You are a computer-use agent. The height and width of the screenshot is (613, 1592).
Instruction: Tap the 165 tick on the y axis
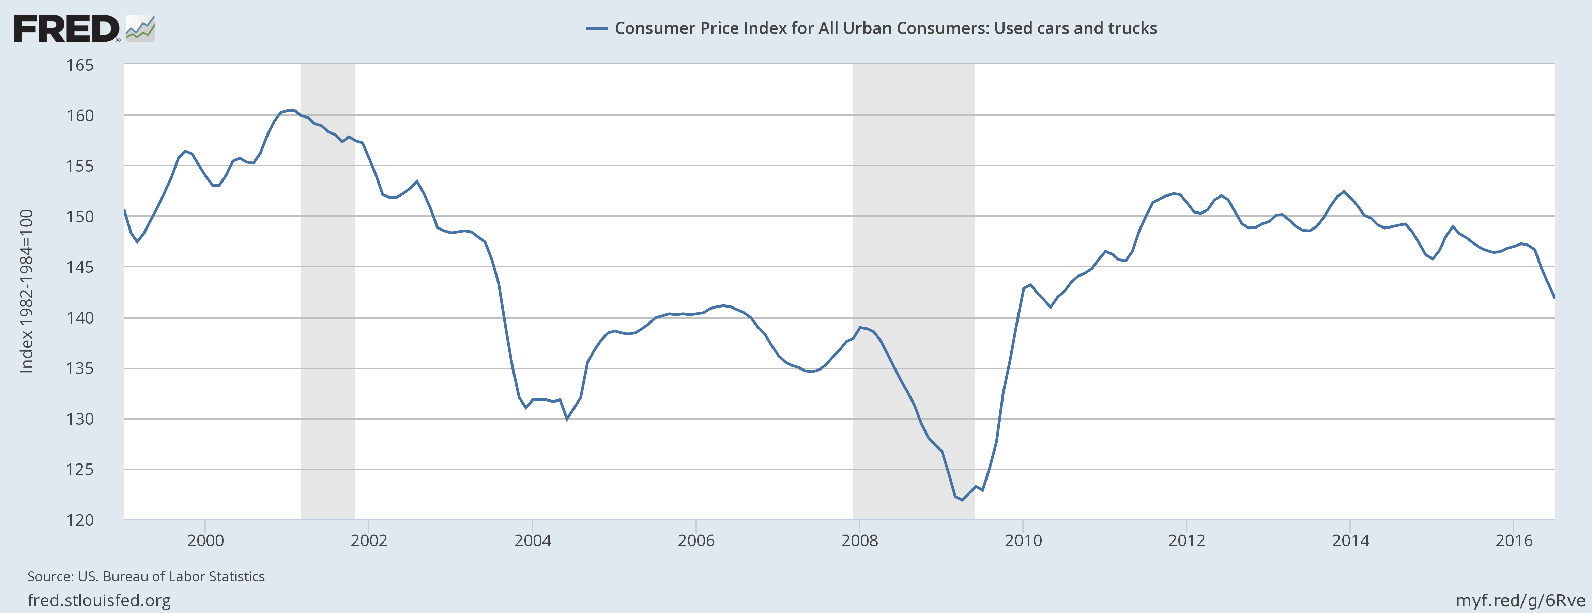pos(80,65)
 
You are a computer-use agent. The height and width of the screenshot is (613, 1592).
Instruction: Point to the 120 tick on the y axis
pos(80,520)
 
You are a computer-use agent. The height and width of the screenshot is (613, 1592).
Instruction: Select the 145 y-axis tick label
pos(80,267)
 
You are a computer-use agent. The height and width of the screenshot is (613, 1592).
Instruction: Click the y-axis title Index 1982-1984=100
pos(26,290)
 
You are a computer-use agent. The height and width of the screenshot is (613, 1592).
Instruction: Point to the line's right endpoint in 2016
pos(1554,298)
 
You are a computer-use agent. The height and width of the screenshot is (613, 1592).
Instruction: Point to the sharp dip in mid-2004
pos(567,419)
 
